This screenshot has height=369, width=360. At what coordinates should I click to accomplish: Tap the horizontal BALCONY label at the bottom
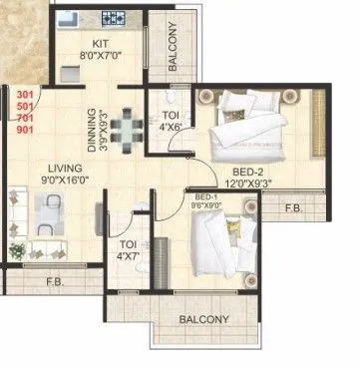203,320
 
